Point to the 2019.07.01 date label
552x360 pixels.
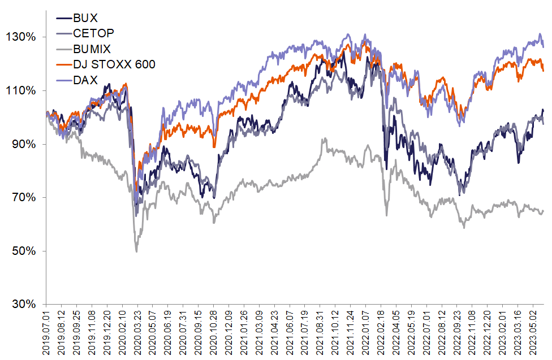pos(47,333)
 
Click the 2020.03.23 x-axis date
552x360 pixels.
pos(137,333)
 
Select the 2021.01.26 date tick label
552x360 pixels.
pos(244,333)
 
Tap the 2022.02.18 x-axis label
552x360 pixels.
pos(381,333)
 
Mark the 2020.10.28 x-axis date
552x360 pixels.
pos(214,333)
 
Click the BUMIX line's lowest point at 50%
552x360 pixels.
pos(136,251)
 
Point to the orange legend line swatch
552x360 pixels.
pos(63,64)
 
